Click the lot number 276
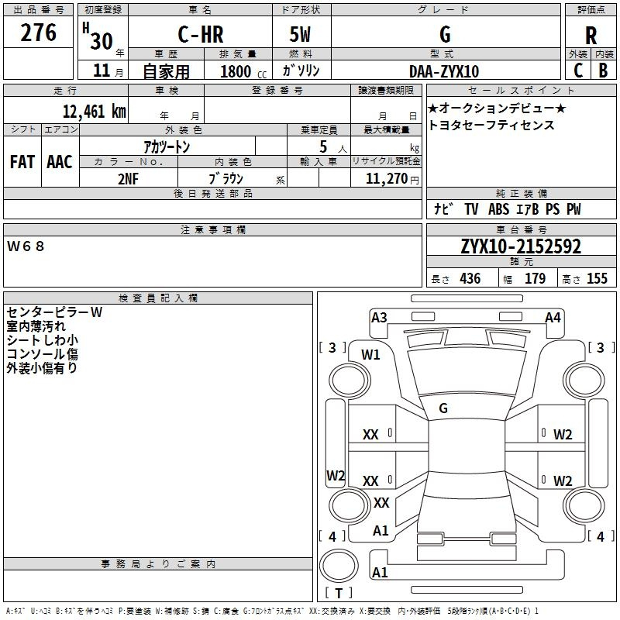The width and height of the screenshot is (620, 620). [38, 33]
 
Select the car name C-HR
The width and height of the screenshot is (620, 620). [201, 34]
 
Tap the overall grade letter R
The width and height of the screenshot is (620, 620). [591, 36]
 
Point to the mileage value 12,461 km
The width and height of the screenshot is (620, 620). [94, 111]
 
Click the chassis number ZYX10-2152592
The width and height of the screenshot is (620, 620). [521, 246]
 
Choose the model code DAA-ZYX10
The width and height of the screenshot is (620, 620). [444, 71]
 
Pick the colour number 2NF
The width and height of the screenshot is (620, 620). [128, 179]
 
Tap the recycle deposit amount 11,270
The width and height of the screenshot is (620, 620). [386, 178]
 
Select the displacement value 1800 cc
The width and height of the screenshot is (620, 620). [243, 71]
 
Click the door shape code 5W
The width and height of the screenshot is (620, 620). [300, 34]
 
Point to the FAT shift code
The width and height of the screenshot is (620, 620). [22, 162]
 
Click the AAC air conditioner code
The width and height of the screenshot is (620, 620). [60, 162]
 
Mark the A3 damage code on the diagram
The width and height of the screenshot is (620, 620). [379, 318]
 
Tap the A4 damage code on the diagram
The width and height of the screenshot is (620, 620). [553, 318]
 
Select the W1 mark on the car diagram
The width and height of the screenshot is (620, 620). [370, 355]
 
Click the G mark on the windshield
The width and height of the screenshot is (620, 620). [443, 408]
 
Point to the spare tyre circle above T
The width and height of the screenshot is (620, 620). [339, 565]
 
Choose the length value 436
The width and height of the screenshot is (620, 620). [470, 278]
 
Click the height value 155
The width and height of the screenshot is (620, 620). [597, 278]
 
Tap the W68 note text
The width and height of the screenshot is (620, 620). [26, 246]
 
